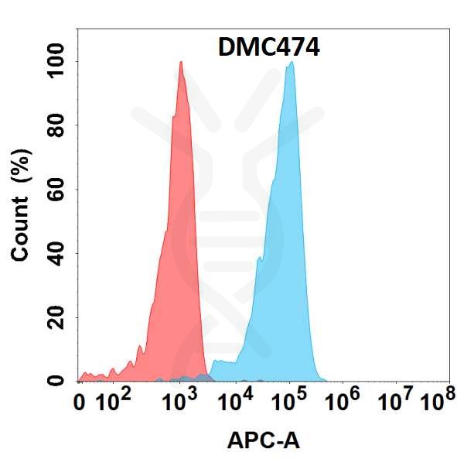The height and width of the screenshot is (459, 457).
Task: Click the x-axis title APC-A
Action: [263, 440]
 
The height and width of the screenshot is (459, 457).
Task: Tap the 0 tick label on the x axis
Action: [80, 402]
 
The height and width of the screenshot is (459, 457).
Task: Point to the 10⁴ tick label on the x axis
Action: [237, 402]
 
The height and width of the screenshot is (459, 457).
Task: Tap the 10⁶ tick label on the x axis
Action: [345, 402]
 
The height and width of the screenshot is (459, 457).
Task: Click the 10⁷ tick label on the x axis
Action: [394, 402]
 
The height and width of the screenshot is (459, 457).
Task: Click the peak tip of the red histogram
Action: [181, 62]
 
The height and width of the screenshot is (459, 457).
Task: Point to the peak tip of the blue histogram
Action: [292, 63]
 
